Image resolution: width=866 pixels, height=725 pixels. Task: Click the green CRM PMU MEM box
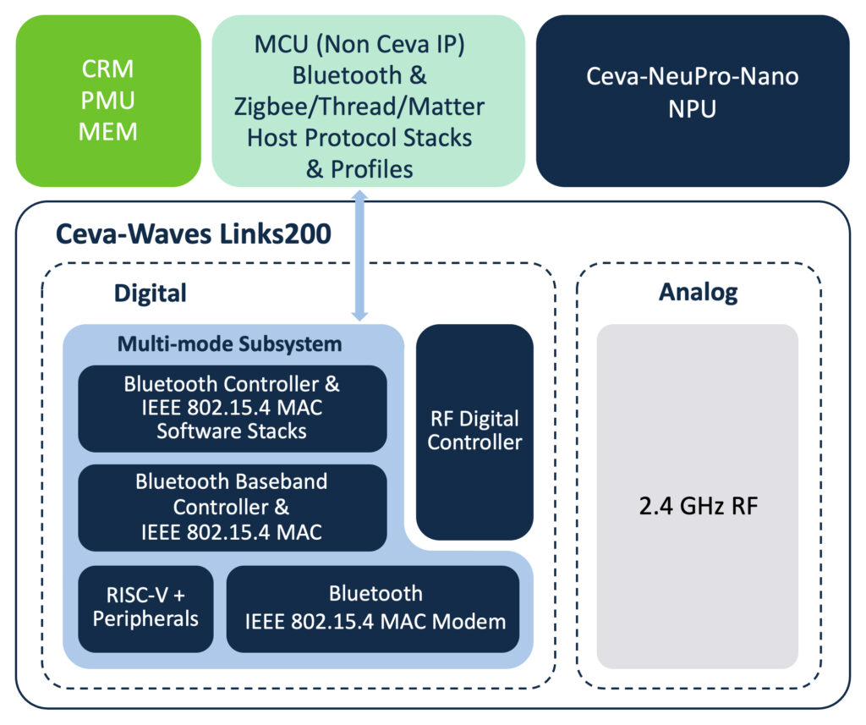108,101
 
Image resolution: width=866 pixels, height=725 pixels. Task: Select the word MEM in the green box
108,132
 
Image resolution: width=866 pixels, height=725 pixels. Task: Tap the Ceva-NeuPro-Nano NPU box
693,101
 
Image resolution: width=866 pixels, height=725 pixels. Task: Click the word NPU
693,109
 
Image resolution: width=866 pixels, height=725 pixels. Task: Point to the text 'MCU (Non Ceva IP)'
359,44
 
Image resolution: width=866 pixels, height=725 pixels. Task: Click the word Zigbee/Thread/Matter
359,107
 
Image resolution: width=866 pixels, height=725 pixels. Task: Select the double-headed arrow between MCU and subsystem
360,255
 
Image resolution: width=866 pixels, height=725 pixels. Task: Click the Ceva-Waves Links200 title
194,233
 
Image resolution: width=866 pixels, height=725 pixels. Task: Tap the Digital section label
151,294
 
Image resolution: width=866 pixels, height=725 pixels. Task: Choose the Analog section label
699,293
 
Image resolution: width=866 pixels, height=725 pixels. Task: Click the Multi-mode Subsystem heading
230,343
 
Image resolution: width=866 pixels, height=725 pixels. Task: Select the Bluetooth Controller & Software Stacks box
233,409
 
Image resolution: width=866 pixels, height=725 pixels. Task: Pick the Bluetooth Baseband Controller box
233,508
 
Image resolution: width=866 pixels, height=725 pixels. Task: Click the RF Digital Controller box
474,431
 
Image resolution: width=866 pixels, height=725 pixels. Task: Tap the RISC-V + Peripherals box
145,608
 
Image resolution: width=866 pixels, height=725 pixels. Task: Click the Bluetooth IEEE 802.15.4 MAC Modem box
373,608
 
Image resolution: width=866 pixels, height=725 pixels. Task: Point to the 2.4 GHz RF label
699,506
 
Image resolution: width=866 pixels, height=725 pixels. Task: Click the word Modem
469,622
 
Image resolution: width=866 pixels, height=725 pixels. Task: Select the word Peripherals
145,619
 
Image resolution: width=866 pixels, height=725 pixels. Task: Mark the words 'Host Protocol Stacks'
359,138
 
